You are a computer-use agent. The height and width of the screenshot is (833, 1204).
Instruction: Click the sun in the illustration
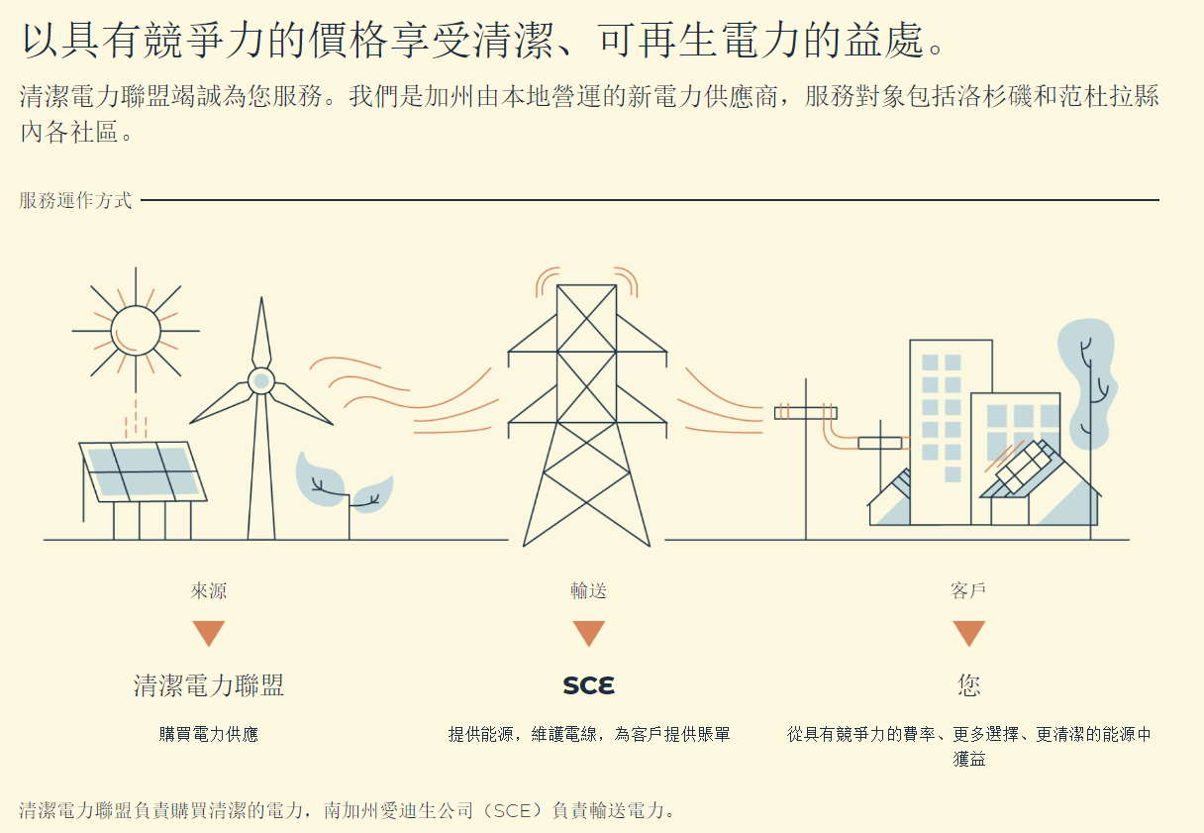(136, 330)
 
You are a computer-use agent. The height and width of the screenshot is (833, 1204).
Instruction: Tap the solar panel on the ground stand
(143, 470)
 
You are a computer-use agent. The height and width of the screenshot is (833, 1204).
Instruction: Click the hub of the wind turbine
(260, 380)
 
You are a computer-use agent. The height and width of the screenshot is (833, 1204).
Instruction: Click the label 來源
(209, 591)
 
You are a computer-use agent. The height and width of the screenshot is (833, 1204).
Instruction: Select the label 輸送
(588, 591)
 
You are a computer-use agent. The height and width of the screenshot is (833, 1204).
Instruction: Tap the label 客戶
(968, 591)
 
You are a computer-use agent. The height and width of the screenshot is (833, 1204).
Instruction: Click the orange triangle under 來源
(209, 633)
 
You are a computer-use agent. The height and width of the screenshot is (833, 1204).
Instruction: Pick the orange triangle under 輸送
(588, 633)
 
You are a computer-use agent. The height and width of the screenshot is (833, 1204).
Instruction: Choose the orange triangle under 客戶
(968, 633)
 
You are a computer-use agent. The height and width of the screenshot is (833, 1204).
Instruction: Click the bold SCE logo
(588, 685)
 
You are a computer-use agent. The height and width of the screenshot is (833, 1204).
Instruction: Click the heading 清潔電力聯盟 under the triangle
(209, 685)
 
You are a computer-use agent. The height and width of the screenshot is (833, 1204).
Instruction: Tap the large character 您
(968, 685)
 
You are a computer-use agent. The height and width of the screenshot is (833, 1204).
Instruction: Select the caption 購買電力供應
(209, 735)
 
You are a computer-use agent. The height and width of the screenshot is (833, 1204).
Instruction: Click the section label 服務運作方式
(75, 200)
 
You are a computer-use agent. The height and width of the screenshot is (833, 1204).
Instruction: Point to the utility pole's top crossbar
(805, 412)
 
